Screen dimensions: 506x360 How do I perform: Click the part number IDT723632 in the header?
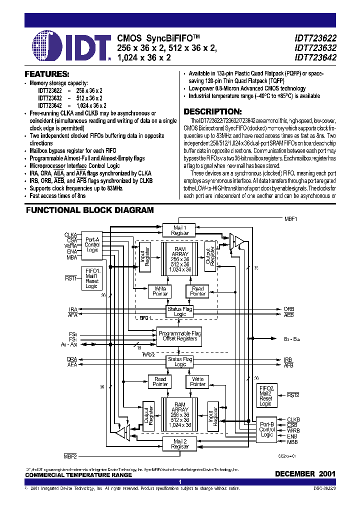(315, 48)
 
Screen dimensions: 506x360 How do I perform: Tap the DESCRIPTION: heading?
(212, 111)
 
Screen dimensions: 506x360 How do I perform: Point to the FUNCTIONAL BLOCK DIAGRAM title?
(89, 210)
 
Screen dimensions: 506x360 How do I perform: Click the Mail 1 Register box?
(180, 230)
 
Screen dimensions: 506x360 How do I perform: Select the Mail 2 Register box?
(180, 443)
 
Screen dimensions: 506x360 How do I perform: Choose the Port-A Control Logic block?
(92, 244)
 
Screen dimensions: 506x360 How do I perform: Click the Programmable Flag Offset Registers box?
(179, 336)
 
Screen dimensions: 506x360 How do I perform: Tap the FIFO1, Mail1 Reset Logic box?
(92, 278)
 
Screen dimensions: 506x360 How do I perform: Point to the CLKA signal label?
(70, 234)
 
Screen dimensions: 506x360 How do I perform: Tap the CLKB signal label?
(293, 419)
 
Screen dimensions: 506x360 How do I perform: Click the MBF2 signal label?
(70, 456)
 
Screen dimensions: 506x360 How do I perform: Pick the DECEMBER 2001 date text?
(305, 473)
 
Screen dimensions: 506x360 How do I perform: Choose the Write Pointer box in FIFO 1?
(160, 291)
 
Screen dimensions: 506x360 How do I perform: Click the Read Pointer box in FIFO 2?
(160, 382)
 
